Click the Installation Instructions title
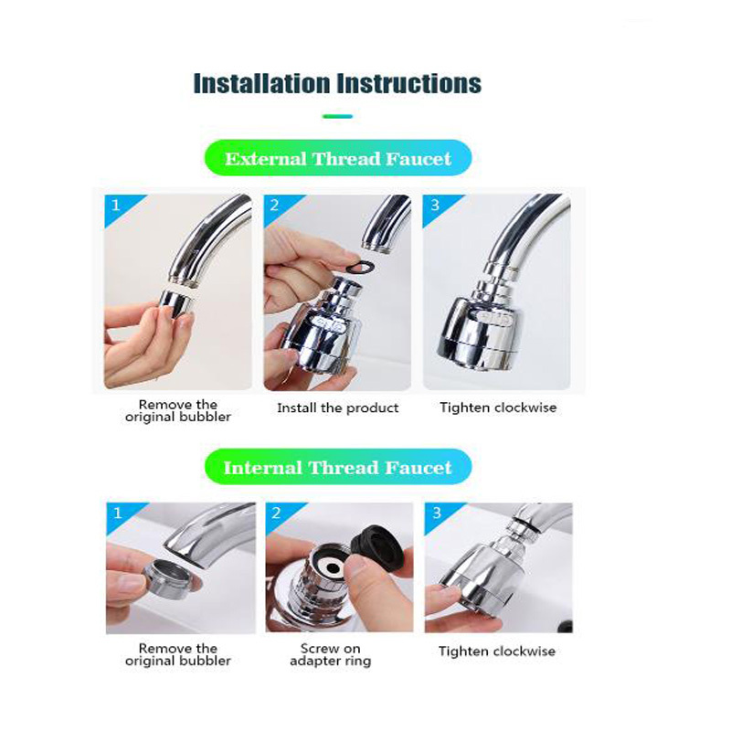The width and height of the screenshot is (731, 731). pyautogui.click(x=337, y=83)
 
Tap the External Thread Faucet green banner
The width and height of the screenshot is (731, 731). pyautogui.click(x=337, y=158)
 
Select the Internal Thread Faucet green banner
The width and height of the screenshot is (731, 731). pyautogui.click(x=337, y=468)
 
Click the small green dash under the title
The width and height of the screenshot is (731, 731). pyautogui.click(x=337, y=116)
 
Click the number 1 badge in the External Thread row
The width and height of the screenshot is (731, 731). pyautogui.click(x=115, y=206)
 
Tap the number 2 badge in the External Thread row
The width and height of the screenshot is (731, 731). pyautogui.click(x=275, y=206)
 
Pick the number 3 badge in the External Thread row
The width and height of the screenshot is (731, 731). pyautogui.click(x=435, y=206)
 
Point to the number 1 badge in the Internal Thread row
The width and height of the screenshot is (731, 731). pyautogui.click(x=117, y=514)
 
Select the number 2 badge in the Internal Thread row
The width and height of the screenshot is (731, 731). pyautogui.click(x=276, y=514)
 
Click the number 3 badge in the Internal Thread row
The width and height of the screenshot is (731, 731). pyautogui.click(x=437, y=514)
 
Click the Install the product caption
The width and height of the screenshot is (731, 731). pyautogui.click(x=338, y=408)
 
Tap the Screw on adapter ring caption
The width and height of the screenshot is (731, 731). pyautogui.click(x=331, y=654)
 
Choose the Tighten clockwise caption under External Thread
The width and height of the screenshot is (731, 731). pyautogui.click(x=498, y=408)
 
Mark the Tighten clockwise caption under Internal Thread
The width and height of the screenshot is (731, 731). pyautogui.click(x=497, y=652)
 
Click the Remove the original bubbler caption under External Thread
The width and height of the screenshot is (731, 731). pyautogui.click(x=178, y=410)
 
